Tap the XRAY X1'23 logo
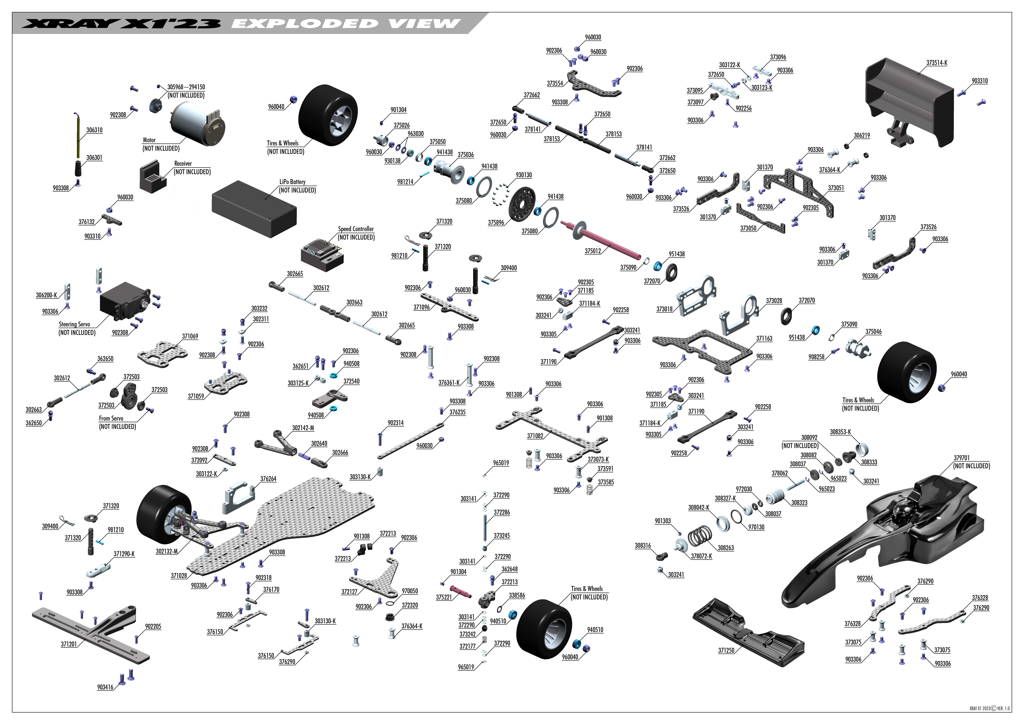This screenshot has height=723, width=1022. click(x=121, y=24)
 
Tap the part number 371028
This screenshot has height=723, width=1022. click(x=179, y=576)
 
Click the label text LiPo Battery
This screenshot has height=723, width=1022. click(x=292, y=182)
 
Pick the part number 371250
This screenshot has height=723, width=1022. click(x=726, y=650)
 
